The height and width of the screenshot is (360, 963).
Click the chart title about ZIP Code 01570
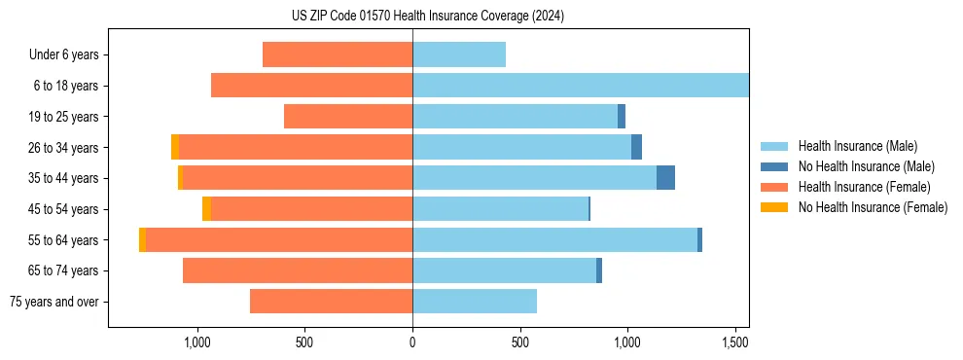pos(427,17)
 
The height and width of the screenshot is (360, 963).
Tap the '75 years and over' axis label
pos(53,302)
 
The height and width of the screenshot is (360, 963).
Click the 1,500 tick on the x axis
pos(734,342)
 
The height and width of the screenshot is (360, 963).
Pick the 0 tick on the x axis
pos(412,342)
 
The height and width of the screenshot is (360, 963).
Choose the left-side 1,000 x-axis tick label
pos(197,342)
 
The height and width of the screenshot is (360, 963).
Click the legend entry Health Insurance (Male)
pos(857,147)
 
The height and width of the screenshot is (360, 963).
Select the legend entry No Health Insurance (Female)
pos(873,207)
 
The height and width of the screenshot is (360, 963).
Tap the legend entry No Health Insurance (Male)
pos(866,167)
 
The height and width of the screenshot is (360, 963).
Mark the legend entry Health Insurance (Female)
pos(864,187)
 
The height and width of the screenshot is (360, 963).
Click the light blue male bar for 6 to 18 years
pos(581,86)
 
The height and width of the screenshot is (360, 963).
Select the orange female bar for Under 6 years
pos(338,55)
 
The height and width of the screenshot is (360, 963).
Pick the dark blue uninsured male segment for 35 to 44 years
pos(665,178)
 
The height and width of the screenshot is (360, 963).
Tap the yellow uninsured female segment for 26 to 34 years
pos(175,147)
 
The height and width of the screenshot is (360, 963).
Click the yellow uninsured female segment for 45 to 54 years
pos(206,209)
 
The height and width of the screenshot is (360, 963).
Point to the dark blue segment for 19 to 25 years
pos(622,117)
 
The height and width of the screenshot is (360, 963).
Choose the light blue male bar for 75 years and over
pos(475,302)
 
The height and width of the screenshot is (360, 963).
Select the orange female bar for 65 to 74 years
pos(298,270)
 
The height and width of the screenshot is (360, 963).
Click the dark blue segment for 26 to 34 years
pos(636,147)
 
